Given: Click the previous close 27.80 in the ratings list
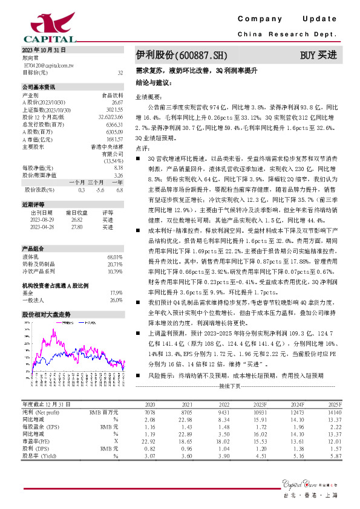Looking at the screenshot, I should [x=76, y=227].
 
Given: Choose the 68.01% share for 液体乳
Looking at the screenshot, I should [x=116, y=257].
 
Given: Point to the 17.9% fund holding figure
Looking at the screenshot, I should [x=116, y=292].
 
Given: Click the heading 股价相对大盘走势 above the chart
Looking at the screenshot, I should [x=47, y=315].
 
